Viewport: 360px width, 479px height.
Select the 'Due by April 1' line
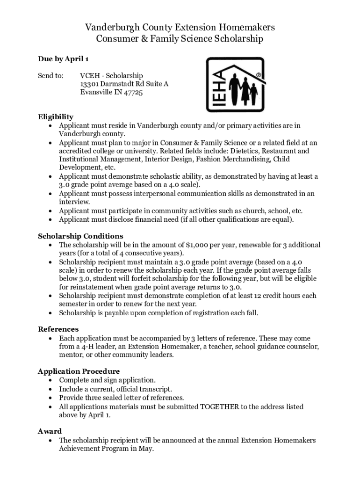[63, 59]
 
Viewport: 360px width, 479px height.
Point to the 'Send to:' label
[50, 76]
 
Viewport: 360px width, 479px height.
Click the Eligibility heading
[55, 117]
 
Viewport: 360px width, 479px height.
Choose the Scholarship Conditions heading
[80, 236]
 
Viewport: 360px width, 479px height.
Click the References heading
[58, 329]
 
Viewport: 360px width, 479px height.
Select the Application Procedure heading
[79, 371]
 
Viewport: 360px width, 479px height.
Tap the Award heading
[50, 431]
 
